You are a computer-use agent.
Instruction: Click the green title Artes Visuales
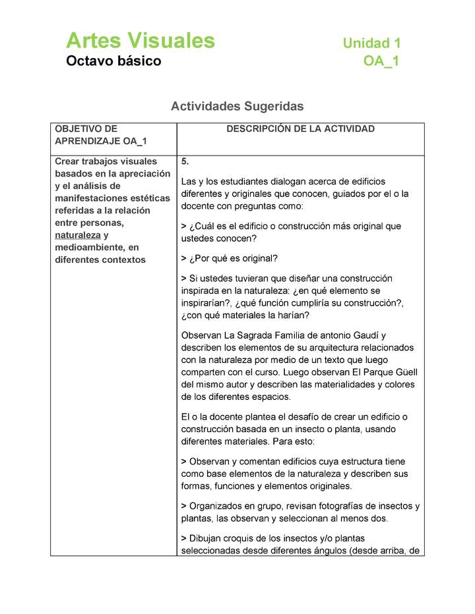tap(141, 41)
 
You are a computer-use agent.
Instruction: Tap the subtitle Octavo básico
tap(113, 61)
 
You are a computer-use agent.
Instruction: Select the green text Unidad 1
tap(371, 43)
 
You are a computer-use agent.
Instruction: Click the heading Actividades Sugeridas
tap(237, 106)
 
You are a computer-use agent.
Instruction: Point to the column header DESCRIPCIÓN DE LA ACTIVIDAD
tap(300, 129)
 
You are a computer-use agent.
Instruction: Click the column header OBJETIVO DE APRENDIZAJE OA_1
tap(101, 135)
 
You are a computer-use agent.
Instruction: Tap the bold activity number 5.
tap(185, 161)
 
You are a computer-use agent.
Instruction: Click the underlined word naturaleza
tap(78, 235)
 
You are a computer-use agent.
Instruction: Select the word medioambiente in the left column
tap(86, 247)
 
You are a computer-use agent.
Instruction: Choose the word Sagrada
tap(251, 336)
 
